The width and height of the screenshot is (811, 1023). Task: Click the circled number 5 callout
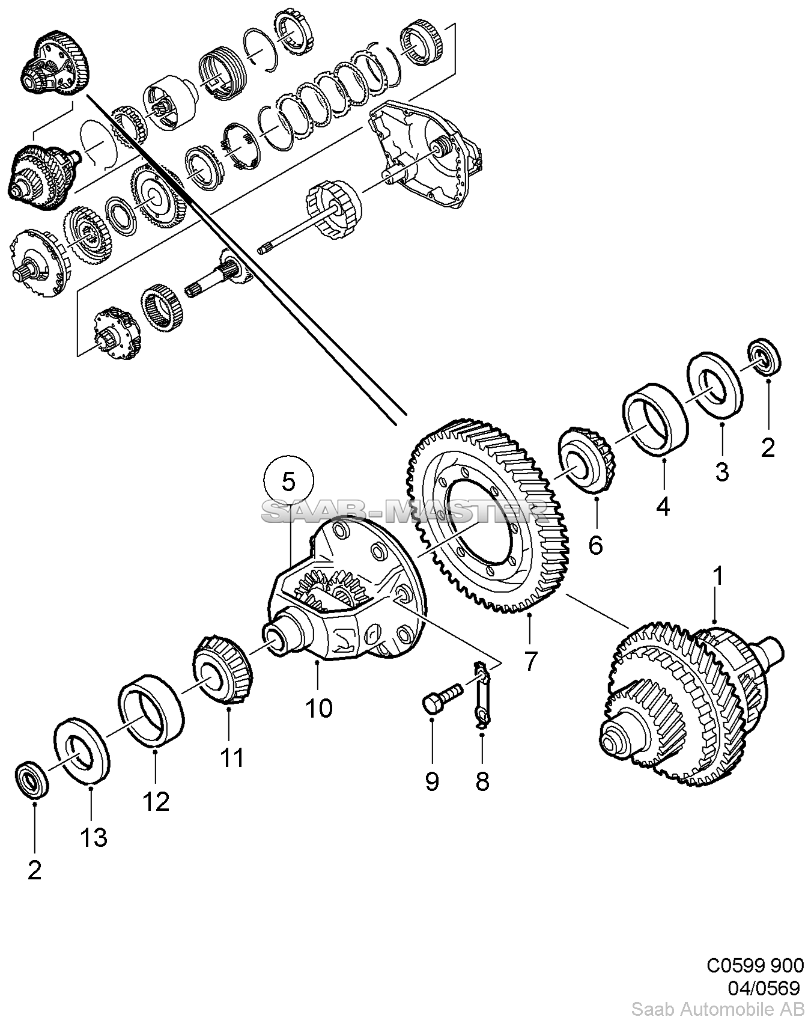point(288,481)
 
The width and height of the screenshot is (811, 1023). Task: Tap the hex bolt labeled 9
point(442,697)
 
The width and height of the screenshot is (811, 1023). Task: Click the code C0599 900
point(754,965)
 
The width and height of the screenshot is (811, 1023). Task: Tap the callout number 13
point(94,837)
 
